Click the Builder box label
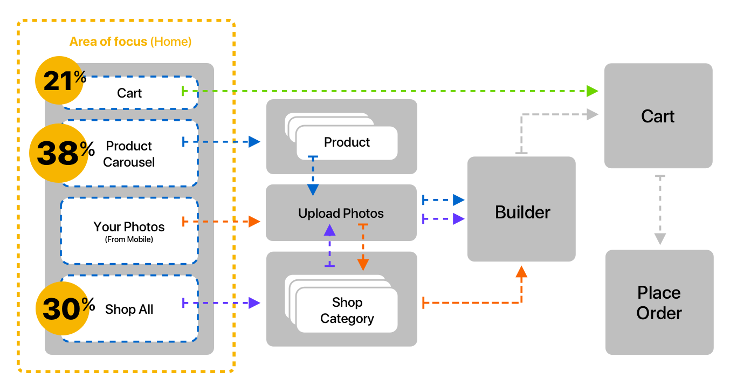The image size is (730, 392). point(522,212)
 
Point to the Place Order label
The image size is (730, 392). point(659,303)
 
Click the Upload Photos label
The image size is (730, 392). point(341,214)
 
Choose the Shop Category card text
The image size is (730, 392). point(347,311)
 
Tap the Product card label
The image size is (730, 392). point(347,142)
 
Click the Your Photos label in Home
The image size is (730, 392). point(129,227)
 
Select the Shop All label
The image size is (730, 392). point(129,310)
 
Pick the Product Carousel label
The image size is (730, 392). point(129,154)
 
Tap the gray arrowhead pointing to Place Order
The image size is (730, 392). point(660,239)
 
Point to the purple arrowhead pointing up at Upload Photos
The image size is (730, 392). point(329,230)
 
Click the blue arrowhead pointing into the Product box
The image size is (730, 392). point(255,142)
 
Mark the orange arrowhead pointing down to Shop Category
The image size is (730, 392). point(363,264)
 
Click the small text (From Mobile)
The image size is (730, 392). point(129,239)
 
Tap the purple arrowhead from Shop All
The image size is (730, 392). point(255,303)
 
